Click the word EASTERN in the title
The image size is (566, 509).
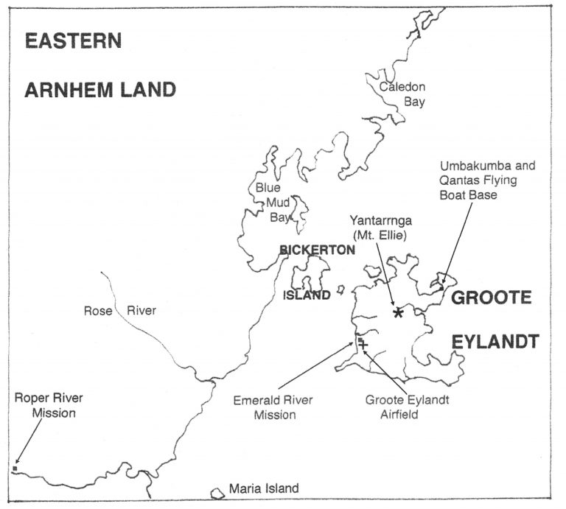point(74,41)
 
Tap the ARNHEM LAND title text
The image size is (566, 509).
point(100,91)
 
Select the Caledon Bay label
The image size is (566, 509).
point(402,95)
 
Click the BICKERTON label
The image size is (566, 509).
point(318,250)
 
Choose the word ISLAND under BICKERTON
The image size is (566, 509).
point(307,295)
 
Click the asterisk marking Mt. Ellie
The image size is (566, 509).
point(399,313)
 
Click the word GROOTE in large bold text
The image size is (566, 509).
point(492,298)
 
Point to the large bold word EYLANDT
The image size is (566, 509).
point(495,342)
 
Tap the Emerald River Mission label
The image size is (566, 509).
point(273,407)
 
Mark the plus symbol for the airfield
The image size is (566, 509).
point(363,345)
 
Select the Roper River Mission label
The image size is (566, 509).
point(49,406)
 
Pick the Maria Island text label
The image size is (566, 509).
point(263,488)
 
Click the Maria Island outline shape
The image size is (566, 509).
point(217,492)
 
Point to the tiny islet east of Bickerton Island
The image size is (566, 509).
point(340,290)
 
